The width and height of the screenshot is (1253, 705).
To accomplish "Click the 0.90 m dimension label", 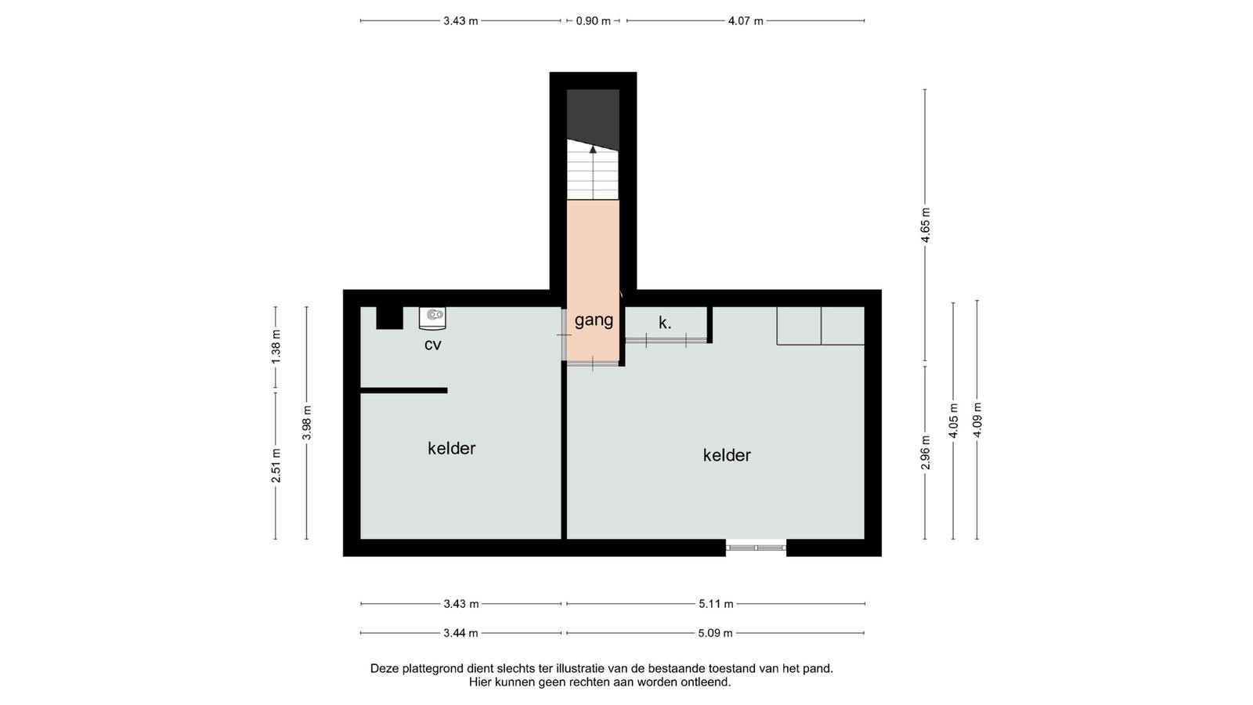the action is click(x=593, y=21).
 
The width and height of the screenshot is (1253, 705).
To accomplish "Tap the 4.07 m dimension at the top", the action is click(x=745, y=21).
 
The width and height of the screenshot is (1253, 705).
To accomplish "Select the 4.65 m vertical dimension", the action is click(x=926, y=225).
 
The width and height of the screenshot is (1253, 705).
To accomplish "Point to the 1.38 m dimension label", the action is click(x=276, y=346).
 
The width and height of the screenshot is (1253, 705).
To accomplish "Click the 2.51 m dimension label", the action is click(x=276, y=465).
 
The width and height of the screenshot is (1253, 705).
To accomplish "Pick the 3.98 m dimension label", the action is click(x=306, y=422).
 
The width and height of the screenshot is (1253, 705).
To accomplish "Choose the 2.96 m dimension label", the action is click(x=926, y=453).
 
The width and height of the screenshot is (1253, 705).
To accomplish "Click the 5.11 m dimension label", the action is click(x=716, y=604).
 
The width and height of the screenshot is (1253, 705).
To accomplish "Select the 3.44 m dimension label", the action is click(x=460, y=633).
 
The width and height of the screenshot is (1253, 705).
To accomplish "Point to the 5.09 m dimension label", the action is click(x=715, y=633).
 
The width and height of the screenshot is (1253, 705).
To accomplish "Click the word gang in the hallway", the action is click(x=594, y=320).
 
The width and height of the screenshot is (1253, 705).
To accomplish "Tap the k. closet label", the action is click(x=665, y=322).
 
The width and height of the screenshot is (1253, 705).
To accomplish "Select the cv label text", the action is click(x=432, y=345).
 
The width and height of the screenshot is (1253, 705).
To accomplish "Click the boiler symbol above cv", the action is click(x=432, y=318).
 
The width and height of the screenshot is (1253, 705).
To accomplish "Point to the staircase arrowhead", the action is click(x=593, y=149).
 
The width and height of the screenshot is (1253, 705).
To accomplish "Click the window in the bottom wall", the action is click(x=756, y=548).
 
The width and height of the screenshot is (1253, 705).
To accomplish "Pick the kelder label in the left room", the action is click(x=451, y=448).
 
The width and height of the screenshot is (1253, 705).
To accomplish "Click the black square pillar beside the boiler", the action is click(x=389, y=318).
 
